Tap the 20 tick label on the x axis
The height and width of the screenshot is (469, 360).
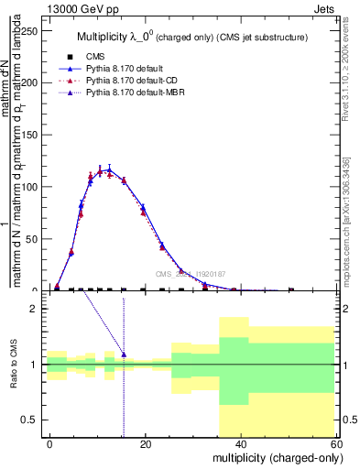pos(146,443)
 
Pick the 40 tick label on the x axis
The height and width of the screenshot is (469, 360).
pos(240,443)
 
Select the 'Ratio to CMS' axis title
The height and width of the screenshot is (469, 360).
pos(16,365)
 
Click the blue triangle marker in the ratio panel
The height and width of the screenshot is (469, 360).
pos(124,354)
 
